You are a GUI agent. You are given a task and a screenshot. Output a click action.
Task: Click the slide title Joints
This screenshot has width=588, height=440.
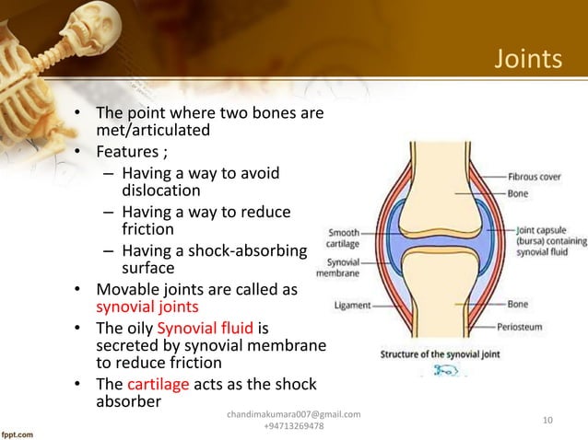click(528, 61)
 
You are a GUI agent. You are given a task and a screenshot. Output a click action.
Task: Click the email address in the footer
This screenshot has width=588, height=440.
click(293, 415)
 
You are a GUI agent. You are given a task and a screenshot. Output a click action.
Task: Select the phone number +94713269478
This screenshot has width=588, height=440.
click(293, 428)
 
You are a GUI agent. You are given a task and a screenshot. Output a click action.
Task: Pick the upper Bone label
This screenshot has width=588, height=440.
click(517, 194)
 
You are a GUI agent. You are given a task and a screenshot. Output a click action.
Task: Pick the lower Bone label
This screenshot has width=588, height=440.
click(517, 304)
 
